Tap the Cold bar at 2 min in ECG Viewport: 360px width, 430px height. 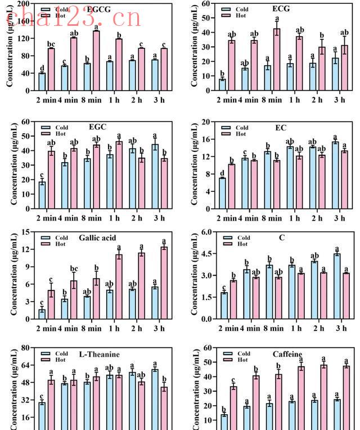pyautogui.click(x=223, y=84)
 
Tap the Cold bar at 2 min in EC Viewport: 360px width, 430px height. pyautogui.click(x=223, y=193)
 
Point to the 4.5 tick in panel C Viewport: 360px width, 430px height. pyautogui.click(x=208, y=254)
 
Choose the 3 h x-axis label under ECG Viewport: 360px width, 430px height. pyautogui.click(x=339, y=100)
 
